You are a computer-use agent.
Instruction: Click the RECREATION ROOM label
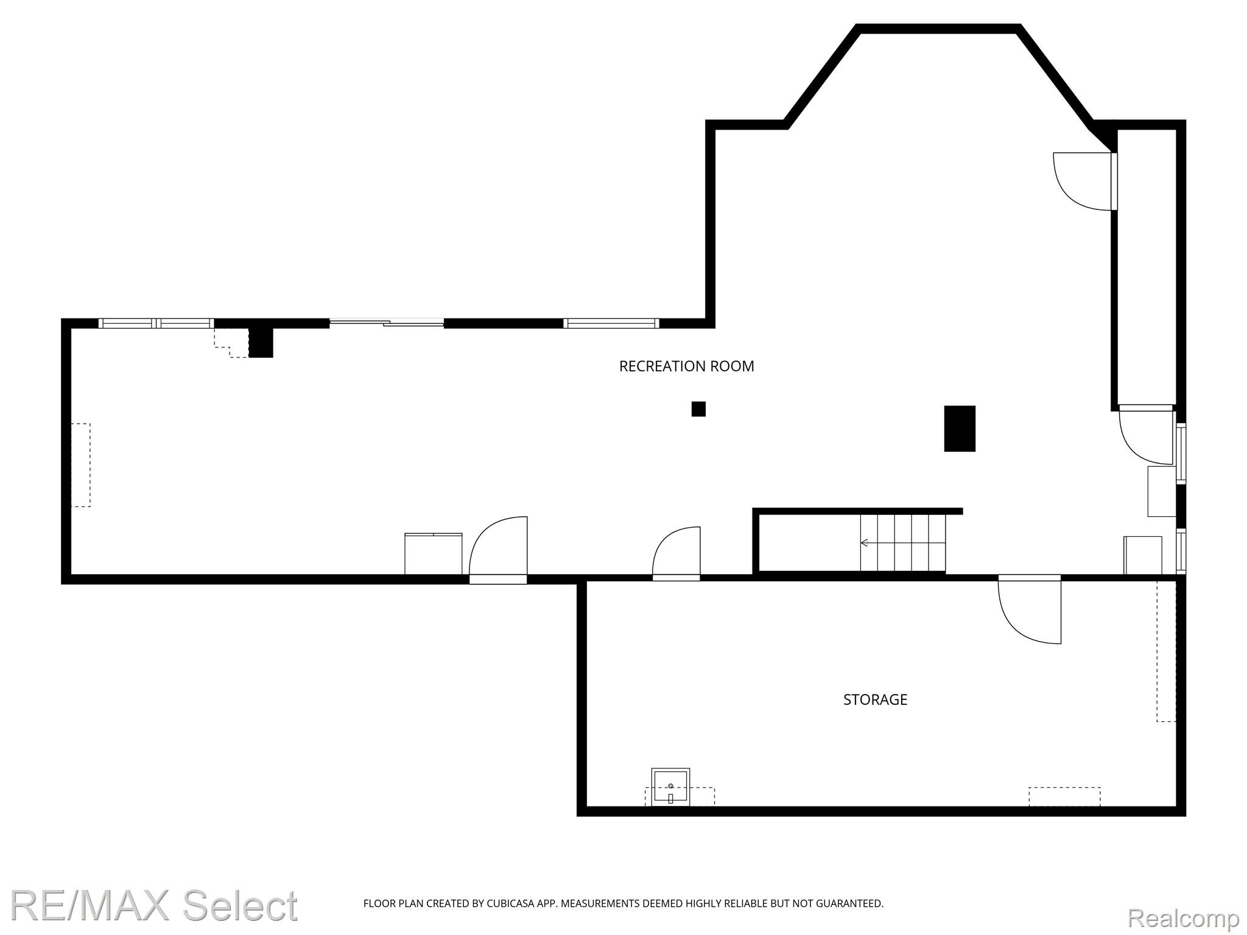[686, 366]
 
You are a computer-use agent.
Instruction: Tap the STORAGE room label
[875, 699]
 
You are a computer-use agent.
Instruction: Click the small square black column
[698, 409]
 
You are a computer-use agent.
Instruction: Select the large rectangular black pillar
[960, 429]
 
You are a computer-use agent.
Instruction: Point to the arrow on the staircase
[902, 542]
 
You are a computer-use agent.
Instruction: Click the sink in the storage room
[670, 787]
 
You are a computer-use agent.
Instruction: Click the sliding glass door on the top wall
[387, 323]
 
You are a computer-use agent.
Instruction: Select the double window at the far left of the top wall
[156, 323]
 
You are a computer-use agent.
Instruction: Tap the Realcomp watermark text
[1183, 917]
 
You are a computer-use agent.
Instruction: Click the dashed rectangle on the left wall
[80, 465]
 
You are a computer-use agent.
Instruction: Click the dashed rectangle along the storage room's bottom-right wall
[1064, 797]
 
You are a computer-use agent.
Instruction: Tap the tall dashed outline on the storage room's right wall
[1166, 651]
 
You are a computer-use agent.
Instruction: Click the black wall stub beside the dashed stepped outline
[261, 343]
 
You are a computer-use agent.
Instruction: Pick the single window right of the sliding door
[611, 323]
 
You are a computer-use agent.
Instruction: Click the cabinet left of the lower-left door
[434, 554]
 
